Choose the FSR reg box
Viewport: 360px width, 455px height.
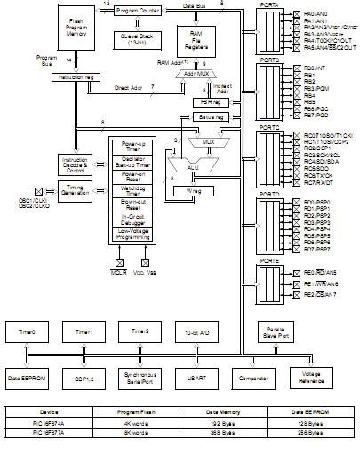click(x=209, y=102)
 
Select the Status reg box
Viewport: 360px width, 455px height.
click(x=209, y=116)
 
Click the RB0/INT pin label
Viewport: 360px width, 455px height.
click(x=315, y=67)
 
